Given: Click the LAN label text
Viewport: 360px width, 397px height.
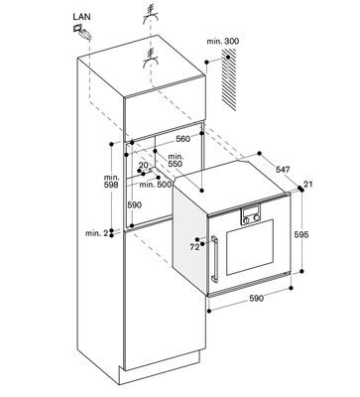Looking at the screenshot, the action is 81,17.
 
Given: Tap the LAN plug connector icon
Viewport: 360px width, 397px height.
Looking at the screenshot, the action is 81,33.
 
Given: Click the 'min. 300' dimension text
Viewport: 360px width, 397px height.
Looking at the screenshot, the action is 222,42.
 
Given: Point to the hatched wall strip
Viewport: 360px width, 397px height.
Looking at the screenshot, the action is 228,79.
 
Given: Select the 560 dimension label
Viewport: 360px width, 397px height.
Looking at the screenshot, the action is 182,139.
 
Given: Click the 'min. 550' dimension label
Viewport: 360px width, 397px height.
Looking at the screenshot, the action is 176,160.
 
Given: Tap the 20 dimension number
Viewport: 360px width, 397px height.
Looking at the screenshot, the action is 143,165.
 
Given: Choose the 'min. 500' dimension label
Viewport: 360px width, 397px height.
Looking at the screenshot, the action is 156,185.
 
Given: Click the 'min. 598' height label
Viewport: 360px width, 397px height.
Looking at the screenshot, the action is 111,181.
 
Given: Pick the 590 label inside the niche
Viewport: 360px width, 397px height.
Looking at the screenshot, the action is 135,205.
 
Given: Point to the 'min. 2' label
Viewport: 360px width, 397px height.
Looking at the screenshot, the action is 97,233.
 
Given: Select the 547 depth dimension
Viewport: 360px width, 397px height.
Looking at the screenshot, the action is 283,170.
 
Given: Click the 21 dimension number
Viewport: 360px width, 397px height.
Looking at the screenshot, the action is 308,184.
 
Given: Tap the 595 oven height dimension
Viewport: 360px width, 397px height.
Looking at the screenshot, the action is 301,234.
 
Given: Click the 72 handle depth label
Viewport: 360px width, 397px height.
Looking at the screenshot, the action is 194,247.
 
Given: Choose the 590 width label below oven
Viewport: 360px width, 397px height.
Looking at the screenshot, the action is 256,298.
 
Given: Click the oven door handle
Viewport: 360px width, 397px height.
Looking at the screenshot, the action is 214,259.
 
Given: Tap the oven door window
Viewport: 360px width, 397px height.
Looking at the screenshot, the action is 250,247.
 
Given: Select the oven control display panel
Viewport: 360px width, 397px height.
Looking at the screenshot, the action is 251,215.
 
